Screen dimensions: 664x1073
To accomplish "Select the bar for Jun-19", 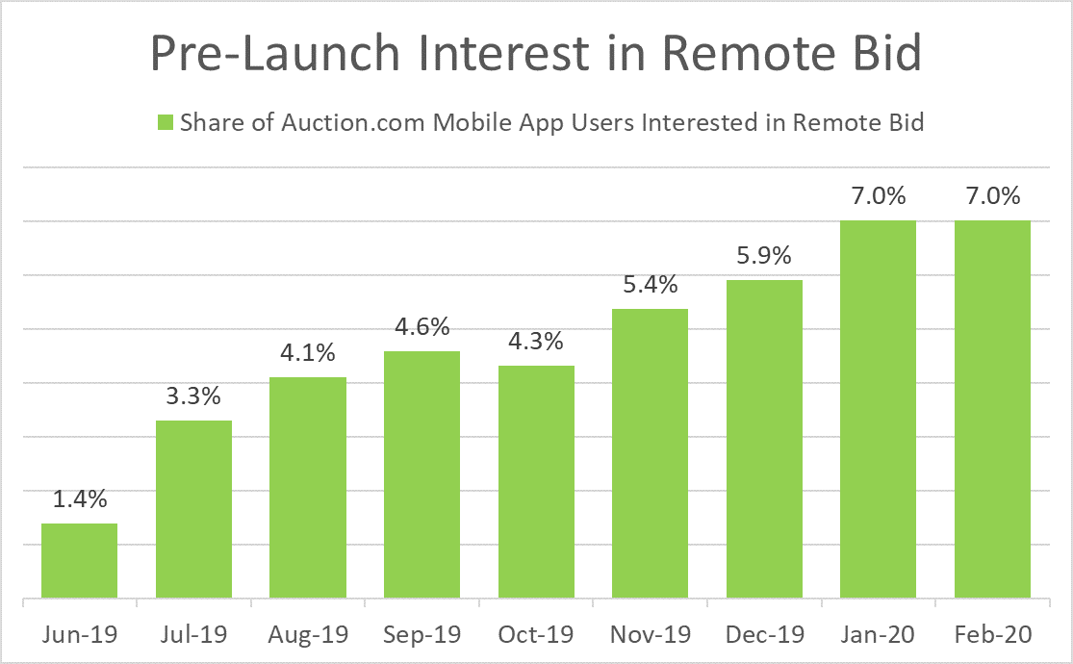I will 78,562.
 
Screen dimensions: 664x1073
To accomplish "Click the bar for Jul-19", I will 192,510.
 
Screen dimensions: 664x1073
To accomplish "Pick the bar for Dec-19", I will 764,440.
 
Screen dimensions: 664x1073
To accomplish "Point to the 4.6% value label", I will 422,327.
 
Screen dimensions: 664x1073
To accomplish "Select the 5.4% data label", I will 650,285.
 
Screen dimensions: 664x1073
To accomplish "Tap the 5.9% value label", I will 764,257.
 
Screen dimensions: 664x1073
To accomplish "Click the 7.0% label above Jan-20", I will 879,197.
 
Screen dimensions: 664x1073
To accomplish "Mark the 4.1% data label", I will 307,353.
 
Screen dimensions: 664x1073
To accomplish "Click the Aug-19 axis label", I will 307,635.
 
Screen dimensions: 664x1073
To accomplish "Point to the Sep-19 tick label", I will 422,635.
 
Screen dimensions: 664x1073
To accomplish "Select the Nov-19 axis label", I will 650,635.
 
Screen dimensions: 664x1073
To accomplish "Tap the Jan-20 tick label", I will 879,635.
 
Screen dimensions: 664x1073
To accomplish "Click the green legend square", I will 164,122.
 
